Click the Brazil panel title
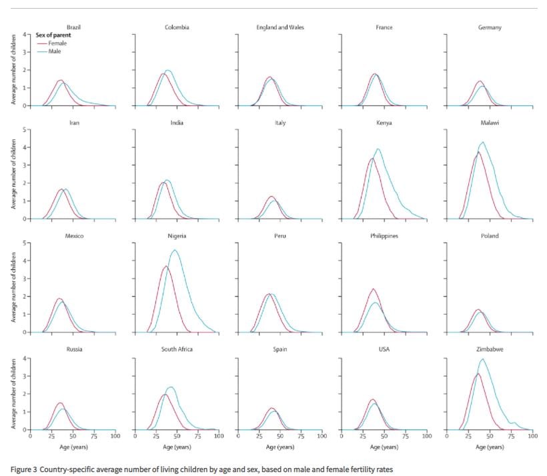[73, 27]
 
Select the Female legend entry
[57, 43]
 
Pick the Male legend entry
[55, 51]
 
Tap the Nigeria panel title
[177, 236]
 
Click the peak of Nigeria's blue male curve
[175, 250]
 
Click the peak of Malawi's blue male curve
[482, 142]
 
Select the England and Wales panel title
[280, 27]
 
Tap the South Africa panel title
[177, 349]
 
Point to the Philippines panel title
[385, 236]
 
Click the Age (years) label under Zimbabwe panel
[489, 446]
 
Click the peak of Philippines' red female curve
[373, 289]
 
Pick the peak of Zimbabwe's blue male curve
[482, 359]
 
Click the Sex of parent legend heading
[53, 35]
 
